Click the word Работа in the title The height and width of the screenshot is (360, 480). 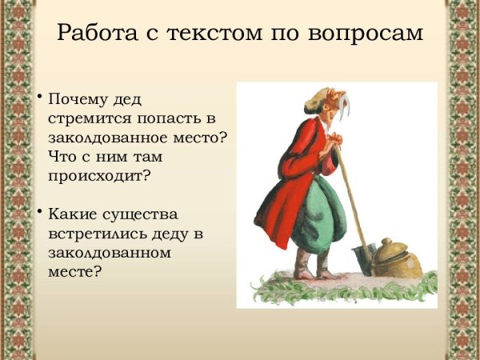tap(95, 35)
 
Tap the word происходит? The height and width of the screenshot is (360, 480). tap(99, 174)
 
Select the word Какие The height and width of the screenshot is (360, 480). tap(71, 214)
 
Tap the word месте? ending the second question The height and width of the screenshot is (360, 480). tap(74, 270)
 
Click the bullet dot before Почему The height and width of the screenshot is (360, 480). tap(38, 97)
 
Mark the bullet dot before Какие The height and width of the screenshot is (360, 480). tap(38, 211)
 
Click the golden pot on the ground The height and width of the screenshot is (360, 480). tap(398, 258)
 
